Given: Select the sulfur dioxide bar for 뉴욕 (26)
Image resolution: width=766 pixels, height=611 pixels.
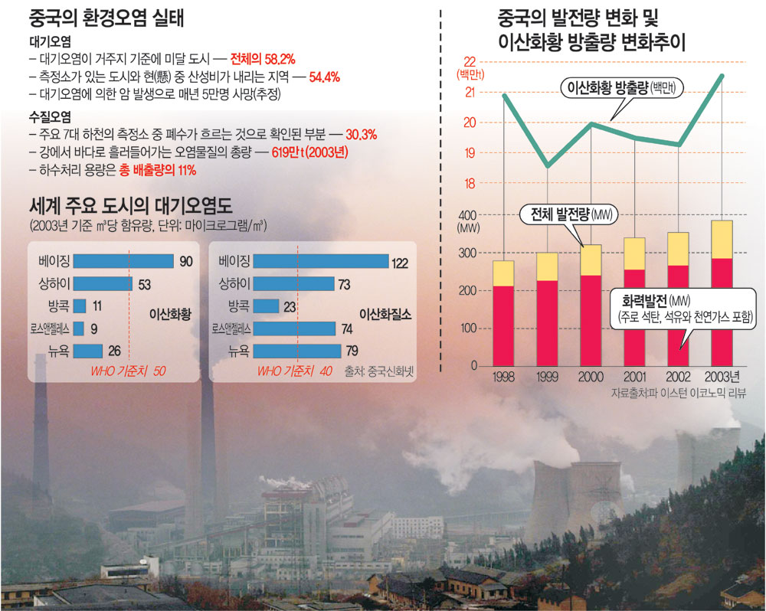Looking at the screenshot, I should (88, 351).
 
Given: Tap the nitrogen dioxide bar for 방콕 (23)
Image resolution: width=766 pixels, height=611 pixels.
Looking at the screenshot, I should (266, 306).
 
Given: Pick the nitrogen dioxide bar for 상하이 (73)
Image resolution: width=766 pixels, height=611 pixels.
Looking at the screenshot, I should (293, 284).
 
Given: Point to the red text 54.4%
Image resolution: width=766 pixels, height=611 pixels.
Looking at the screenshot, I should (324, 77).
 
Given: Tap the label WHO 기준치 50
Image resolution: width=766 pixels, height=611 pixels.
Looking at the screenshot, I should (129, 372).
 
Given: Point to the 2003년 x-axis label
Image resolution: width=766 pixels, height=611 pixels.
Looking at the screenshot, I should (723, 377).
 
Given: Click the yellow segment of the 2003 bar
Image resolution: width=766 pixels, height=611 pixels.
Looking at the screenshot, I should (722, 239).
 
